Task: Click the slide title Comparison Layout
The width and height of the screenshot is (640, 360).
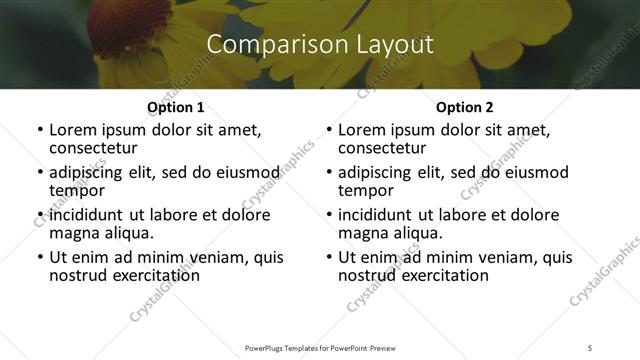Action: coord(320,44)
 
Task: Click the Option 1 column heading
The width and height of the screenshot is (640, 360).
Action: coord(175,107)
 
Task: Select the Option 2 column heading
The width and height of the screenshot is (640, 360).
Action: coord(464,107)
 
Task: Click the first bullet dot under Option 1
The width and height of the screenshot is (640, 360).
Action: coord(39,130)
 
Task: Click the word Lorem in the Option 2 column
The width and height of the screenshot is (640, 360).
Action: coord(362,130)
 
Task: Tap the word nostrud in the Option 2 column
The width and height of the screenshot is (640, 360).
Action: coord(367,275)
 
